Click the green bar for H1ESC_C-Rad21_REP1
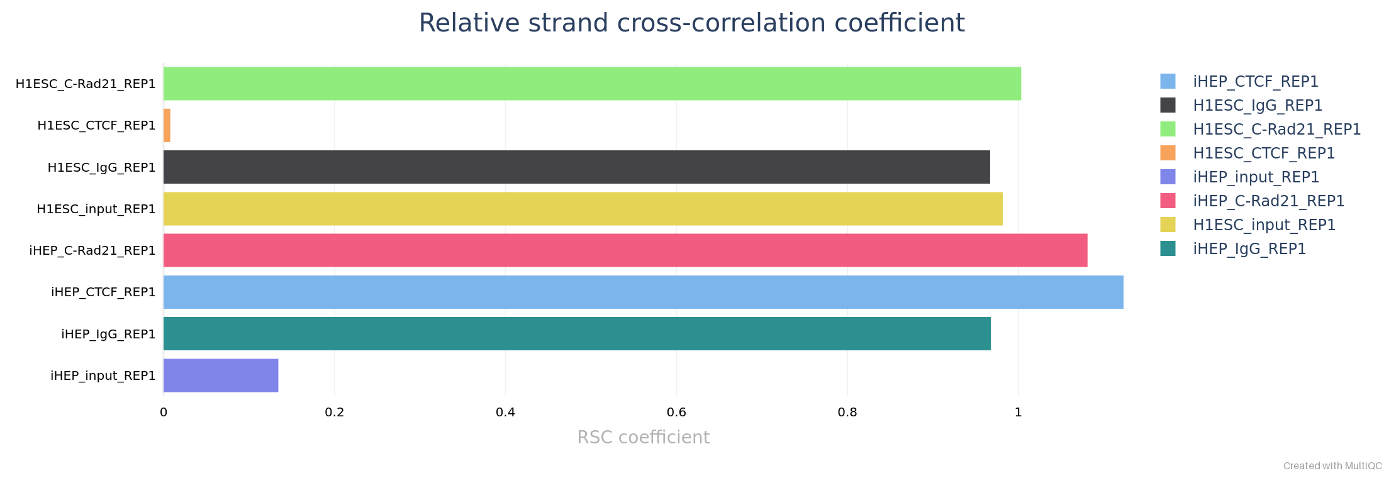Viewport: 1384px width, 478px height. point(591,84)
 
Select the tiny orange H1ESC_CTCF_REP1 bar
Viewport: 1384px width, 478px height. point(167,125)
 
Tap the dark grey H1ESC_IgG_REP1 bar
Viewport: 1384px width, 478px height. point(576,167)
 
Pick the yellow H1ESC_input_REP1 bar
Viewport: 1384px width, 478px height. point(583,209)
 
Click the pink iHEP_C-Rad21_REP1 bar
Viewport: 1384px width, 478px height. point(625,250)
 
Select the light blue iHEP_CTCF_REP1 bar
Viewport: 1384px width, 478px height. point(643,292)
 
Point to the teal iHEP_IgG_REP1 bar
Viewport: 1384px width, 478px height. point(577,333)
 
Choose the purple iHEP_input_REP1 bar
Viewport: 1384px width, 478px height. point(221,375)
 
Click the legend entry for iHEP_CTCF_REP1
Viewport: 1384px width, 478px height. point(1255,82)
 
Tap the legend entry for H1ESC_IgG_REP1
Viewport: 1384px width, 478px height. point(1258,106)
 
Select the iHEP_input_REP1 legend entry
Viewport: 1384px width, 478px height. point(1256,177)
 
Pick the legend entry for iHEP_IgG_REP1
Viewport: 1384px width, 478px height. point(1249,249)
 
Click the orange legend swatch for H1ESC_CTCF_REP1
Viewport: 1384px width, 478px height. point(1168,153)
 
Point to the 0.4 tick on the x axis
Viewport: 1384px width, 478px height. point(505,413)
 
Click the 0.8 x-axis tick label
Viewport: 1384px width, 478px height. point(847,413)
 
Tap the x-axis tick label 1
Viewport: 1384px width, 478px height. point(1018,413)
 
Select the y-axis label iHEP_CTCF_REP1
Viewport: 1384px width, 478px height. point(103,292)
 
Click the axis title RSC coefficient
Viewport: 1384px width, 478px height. point(643,437)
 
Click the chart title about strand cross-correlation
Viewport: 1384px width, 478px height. point(691,23)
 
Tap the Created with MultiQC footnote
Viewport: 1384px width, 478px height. point(1332,466)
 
